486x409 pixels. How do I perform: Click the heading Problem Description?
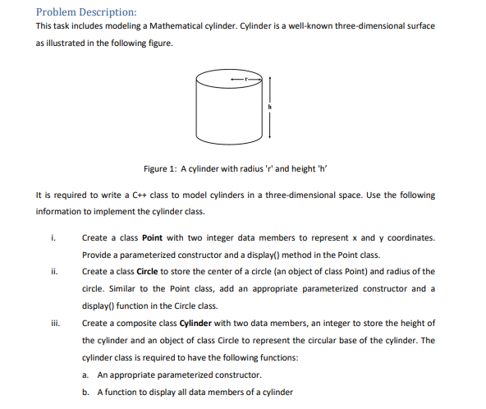(x=86, y=11)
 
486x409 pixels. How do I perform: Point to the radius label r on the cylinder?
(x=243, y=76)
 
